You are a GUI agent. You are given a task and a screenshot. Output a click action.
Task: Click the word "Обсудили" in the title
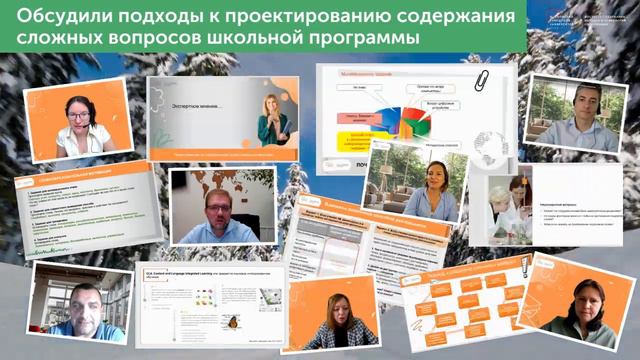(x=58, y=19)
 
